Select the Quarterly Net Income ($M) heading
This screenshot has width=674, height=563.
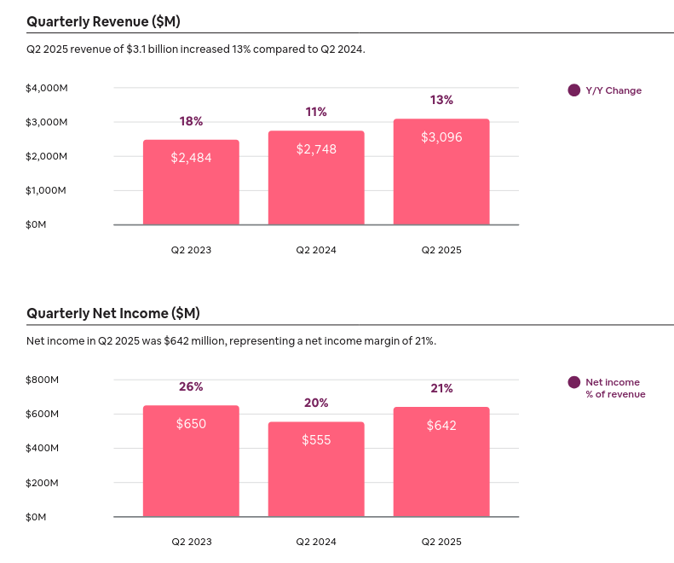pos(112,313)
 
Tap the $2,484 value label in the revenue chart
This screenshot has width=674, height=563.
pos(191,158)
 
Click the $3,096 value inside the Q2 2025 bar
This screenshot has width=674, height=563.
pos(441,136)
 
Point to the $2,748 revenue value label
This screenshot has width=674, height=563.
pos(316,149)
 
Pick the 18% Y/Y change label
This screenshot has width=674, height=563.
pos(191,121)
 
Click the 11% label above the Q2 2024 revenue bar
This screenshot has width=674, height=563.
pos(316,112)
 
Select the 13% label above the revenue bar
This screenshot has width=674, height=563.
pos(441,100)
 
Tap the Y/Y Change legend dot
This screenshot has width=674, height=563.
pos(573,90)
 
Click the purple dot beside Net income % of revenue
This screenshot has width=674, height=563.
pos(573,382)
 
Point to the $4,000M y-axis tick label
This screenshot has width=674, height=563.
pos(47,88)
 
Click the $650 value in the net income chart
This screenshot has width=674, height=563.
pos(191,424)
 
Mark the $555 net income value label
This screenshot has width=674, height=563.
pos(316,440)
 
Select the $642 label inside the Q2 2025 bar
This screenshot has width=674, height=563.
pos(441,426)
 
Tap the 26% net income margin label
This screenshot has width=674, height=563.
pos(191,386)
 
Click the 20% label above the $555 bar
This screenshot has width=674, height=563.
pos(316,403)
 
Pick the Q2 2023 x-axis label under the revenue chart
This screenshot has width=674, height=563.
pos(191,250)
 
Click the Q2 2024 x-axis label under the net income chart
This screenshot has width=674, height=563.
pos(316,542)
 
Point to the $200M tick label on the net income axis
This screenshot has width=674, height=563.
pos(42,483)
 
